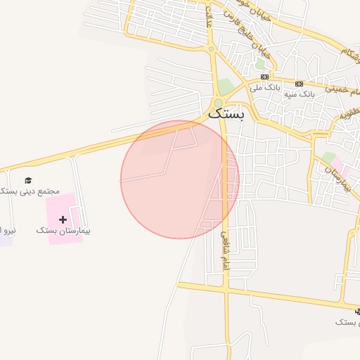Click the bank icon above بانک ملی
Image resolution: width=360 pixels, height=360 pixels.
point(264,77)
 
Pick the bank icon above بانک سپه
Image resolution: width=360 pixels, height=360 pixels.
point(300,83)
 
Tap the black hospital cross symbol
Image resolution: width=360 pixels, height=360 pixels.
point(63,219)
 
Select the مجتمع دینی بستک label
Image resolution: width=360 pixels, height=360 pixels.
point(32,191)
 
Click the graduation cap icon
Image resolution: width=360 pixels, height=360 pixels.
point(28,181)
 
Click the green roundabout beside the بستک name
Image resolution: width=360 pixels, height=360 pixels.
point(218,103)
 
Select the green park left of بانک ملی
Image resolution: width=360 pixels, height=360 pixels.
point(226,86)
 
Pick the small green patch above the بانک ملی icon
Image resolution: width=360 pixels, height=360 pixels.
point(260,65)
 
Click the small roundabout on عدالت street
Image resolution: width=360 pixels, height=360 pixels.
point(211,49)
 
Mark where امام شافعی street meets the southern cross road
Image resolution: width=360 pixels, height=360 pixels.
point(225,288)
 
